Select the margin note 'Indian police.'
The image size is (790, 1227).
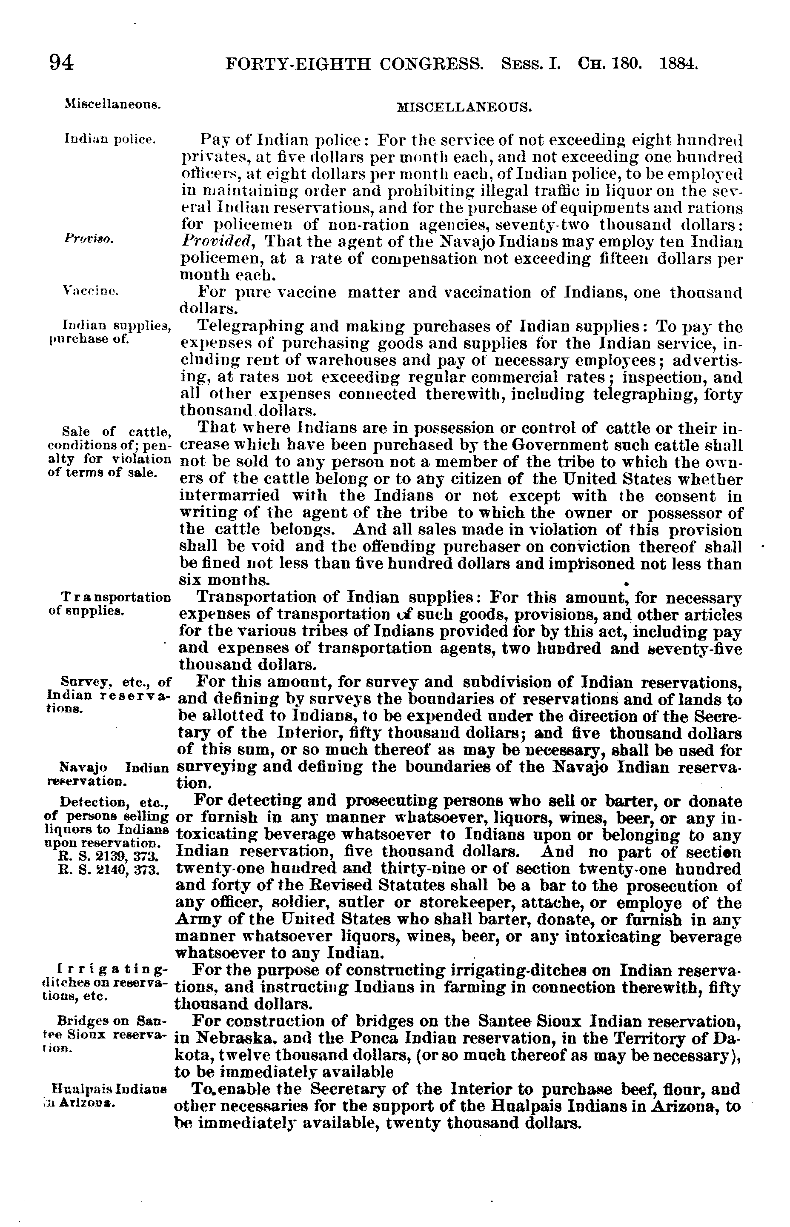click(x=110, y=139)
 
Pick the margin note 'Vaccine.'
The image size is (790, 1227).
click(x=90, y=292)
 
